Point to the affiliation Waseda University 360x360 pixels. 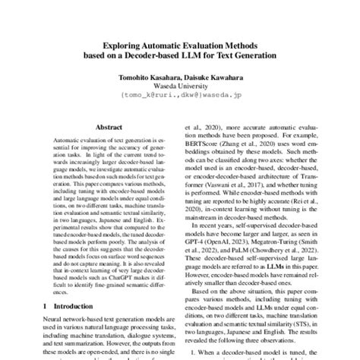coord(179,88)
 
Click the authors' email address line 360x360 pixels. coord(180,97)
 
